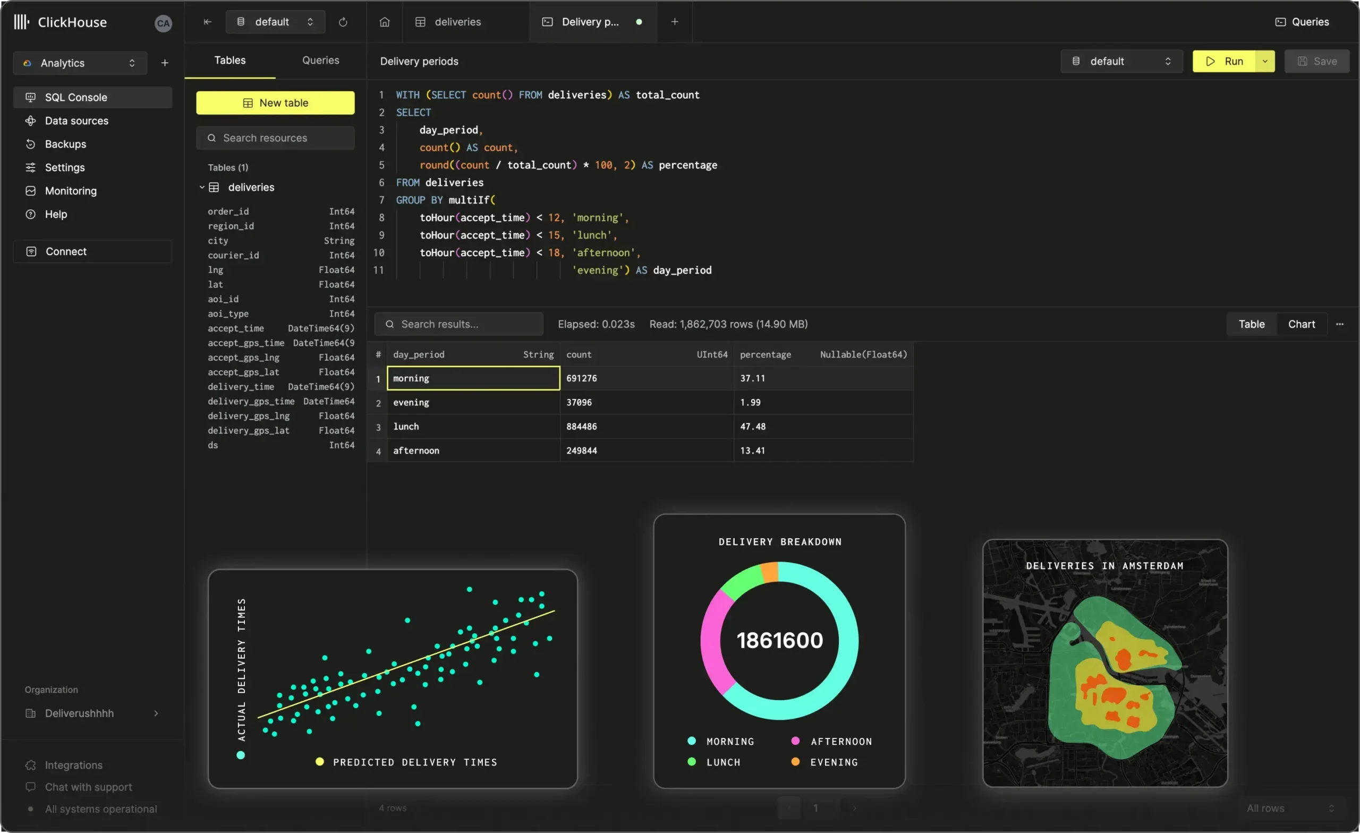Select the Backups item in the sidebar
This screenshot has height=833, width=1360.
click(x=65, y=144)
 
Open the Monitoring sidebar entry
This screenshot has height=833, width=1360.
click(x=71, y=191)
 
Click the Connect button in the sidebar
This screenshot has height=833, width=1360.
click(x=66, y=252)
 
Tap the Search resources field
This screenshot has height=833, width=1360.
click(x=276, y=138)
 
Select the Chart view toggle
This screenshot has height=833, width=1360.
click(x=1301, y=324)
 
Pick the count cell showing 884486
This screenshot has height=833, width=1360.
click(x=581, y=427)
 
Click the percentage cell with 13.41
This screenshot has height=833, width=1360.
click(x=752, y=450)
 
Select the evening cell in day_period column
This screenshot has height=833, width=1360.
click(x=411, y=403)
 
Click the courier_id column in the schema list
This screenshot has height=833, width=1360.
click(x=233, y=255)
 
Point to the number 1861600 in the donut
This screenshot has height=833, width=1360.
click(x=779, y=640)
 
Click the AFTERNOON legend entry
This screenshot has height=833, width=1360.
click(x=840, y=742)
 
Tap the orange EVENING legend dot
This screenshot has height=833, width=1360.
click(x=795, y=762)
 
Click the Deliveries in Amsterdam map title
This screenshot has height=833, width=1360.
click(x=1104, y=566)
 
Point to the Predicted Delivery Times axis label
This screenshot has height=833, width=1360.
click(x=415, y=762)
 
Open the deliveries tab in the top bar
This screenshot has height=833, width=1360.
click(x=457, y=22)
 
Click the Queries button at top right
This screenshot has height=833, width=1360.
click(x=1303, y=22)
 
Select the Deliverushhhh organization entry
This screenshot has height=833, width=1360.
click(x=80, y=713)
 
